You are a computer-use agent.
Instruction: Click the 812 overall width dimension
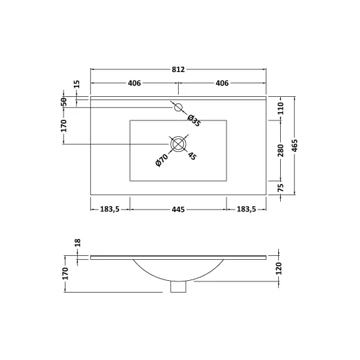pos(178,69)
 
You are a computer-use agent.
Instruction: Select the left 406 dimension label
pos(134,83)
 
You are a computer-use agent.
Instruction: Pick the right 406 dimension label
pos(222,83)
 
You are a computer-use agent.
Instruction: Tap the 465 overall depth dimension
pos(295,145)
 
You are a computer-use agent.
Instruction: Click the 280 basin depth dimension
pos(281,151)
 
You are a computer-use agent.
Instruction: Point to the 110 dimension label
pos(281,109)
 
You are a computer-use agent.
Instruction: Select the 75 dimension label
pos(281,188)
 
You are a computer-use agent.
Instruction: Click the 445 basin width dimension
pos(178,209)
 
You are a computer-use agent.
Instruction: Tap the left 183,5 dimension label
pos(110,209)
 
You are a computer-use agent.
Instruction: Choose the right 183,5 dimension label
pos(246,209)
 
